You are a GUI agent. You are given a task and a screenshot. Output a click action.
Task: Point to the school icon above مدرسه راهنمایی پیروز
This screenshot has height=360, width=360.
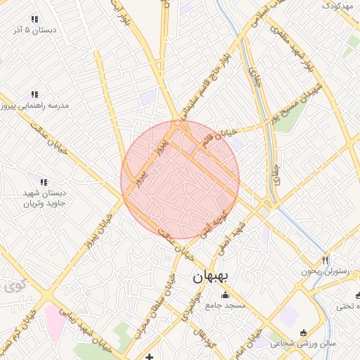click(x=34, y=94)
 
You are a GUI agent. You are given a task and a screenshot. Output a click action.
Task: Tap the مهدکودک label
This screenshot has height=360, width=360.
click(x=337, y=6)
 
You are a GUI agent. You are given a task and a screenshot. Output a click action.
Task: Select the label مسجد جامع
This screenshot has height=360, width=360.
click(x=224, y=306)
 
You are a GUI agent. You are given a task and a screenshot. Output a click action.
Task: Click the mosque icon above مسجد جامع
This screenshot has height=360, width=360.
click(x=225, y=295)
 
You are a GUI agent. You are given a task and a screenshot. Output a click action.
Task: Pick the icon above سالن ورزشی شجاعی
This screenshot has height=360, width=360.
click(x=303, y=333)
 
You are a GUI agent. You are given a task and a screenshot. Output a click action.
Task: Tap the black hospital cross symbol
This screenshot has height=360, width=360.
click(x=149, y=357)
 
